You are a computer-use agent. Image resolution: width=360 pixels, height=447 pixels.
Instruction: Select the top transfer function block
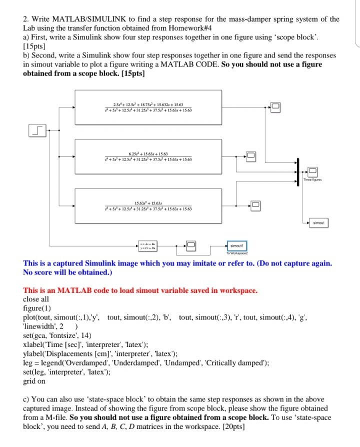(148, 107)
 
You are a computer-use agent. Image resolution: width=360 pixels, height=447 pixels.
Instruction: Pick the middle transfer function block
(148, 156)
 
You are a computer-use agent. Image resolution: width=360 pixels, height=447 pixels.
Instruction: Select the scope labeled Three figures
(312, 172)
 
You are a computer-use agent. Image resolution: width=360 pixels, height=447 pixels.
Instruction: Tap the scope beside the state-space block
(191, 244)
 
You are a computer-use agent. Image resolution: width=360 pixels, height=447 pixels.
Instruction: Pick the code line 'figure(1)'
(37, 308)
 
